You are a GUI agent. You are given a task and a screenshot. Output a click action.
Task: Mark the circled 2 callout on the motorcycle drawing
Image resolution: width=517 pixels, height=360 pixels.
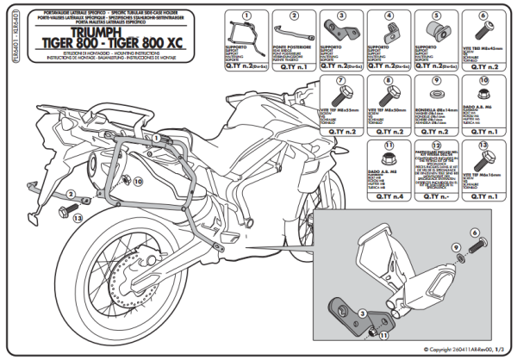[x=72, y=196]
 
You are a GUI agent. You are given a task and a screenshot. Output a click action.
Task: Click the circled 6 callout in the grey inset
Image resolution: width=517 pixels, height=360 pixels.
[x=475, y=233]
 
